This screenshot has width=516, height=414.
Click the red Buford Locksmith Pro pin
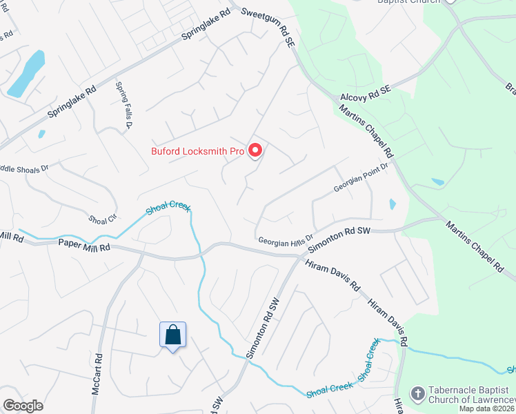(x=255, y=150)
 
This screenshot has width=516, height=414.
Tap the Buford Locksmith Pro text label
(x=198, y=151)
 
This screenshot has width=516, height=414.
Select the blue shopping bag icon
(x=172, y=336)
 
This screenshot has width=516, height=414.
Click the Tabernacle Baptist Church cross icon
(x=417, y=394)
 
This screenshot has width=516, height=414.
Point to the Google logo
(x=23, y=406)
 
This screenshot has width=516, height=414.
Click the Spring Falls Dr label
(x=123, y=105)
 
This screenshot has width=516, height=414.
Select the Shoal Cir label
(x=102, y=219)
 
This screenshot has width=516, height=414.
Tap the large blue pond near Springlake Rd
(x=26, y=74)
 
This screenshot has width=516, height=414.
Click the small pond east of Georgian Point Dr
(x=393, y=204)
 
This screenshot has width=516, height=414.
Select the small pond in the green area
(x=437, y=182)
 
